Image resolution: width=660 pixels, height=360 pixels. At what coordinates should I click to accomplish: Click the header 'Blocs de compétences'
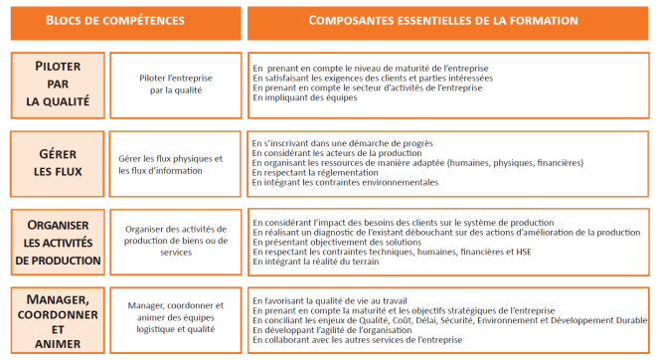click(120, 21)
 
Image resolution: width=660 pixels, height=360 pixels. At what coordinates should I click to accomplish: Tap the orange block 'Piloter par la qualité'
click(58, 86)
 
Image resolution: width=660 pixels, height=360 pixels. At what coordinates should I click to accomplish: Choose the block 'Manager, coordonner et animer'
click(58, 320)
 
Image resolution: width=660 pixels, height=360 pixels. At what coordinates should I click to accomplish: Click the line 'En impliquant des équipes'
click(305, 97)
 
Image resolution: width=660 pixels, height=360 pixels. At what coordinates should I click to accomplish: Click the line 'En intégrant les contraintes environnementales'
click(346, 183)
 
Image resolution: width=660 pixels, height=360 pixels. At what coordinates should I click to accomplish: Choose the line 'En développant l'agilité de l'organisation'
click(337, 329)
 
